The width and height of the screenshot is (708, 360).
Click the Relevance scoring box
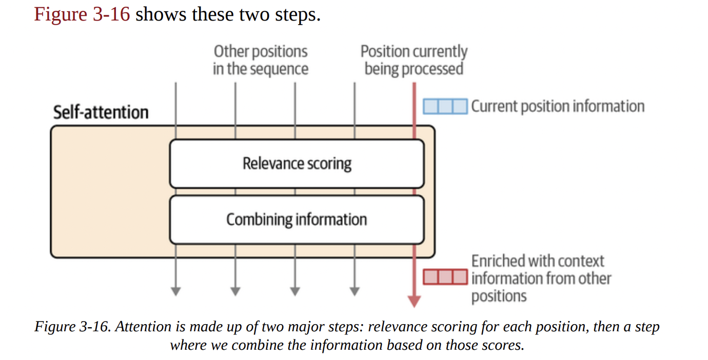[297, 164]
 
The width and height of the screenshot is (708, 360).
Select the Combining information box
[297, 219]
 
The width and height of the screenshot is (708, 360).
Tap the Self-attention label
[101, 112]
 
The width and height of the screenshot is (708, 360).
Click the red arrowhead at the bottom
[414, 301]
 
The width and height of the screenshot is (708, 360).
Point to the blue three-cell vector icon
[445, 107]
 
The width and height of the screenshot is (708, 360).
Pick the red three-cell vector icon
[445, 277]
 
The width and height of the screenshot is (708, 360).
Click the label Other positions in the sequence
[261, 60]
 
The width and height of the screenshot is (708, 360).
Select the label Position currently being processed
[414, 60]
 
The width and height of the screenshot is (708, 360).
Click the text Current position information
[558, 107]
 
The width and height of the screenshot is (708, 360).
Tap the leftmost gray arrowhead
[175, 291]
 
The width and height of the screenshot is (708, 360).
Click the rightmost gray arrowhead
[354, 291]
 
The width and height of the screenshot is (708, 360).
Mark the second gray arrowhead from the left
[235, 291]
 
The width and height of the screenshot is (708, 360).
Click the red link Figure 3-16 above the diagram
[82, 14]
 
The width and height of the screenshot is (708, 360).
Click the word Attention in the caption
[139, 327]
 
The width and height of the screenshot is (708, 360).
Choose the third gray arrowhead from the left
[294, 291]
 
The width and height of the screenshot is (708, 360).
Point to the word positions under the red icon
[499, 296]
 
